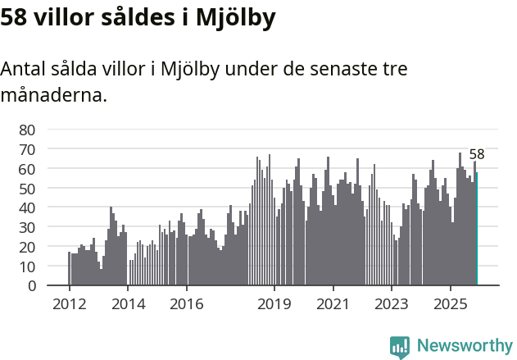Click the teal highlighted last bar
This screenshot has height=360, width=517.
(x=477, y=229)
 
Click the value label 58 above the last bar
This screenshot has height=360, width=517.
(x=477, y=154)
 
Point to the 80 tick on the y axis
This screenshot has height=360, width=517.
(x=27, y=130)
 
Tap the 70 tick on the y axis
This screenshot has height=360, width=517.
(x=27, y=149)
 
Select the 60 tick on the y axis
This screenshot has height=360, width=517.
(x=27, y=169)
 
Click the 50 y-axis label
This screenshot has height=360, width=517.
(x=27, y=188)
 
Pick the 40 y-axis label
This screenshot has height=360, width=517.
(x=27, y=207)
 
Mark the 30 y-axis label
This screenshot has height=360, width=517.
(x=27, y=227)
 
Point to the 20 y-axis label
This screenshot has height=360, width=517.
(x=27, y=247)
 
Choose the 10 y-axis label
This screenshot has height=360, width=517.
(x=27, y=267)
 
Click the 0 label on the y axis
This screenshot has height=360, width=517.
(x=31, y=285)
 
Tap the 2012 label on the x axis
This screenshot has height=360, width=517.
(x=70, y=304)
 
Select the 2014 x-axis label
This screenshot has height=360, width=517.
(x=128, y=304)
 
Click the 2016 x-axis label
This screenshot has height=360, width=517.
(x=186, y=304)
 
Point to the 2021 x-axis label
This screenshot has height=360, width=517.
(x=333, y=304)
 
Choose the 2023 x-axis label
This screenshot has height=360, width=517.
(x=391, y=304)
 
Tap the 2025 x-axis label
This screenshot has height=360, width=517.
(x=450, y=304)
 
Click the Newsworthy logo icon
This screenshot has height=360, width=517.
(x=400, y=347)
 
